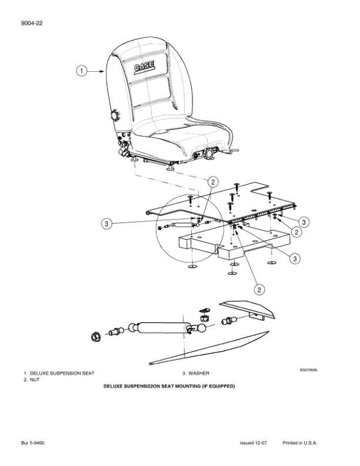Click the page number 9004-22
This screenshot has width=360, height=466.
click(34, 23)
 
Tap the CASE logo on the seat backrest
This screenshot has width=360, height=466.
click(144, 68)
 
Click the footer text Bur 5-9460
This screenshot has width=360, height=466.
click(34, 442)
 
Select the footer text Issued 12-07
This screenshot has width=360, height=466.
click(254, 442)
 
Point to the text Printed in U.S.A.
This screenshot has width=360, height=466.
click(300, 442)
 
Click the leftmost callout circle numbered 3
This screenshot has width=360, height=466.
click(106, 223)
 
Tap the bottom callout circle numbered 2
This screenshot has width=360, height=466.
click(258, 289)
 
